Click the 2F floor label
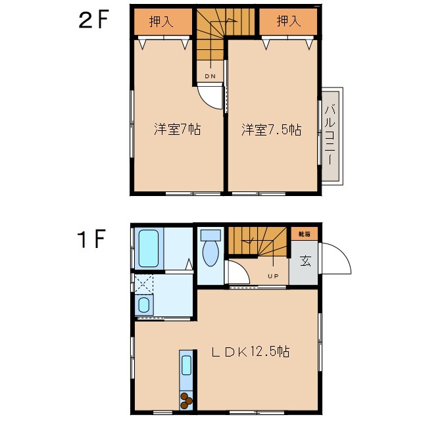tap(92, 21)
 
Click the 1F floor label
tap(92, 241)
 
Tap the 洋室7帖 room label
tap(177, 130)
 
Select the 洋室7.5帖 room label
tap(270, 130)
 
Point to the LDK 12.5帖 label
tap(251, 352)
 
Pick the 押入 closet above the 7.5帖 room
tap(288, 22)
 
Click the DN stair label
tap(210, 76)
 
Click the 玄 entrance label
tap(305, 261)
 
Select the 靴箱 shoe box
tap(305, 234)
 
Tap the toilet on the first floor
tap(210, 250)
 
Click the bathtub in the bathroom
tap(149, 248)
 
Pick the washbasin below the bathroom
tap(143, 305)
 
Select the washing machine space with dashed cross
tap(143, 284)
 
